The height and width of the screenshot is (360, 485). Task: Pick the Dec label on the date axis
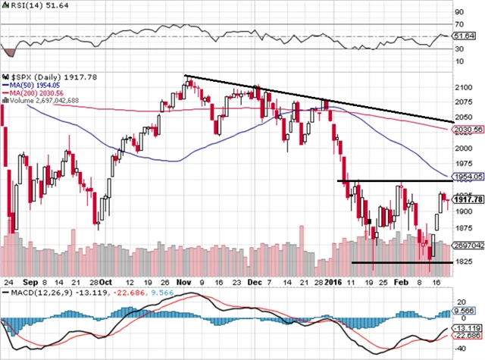pyautogui.click(x=255, y=279)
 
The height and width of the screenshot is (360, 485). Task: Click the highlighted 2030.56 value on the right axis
pyautogui.click(x=468, y=130)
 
